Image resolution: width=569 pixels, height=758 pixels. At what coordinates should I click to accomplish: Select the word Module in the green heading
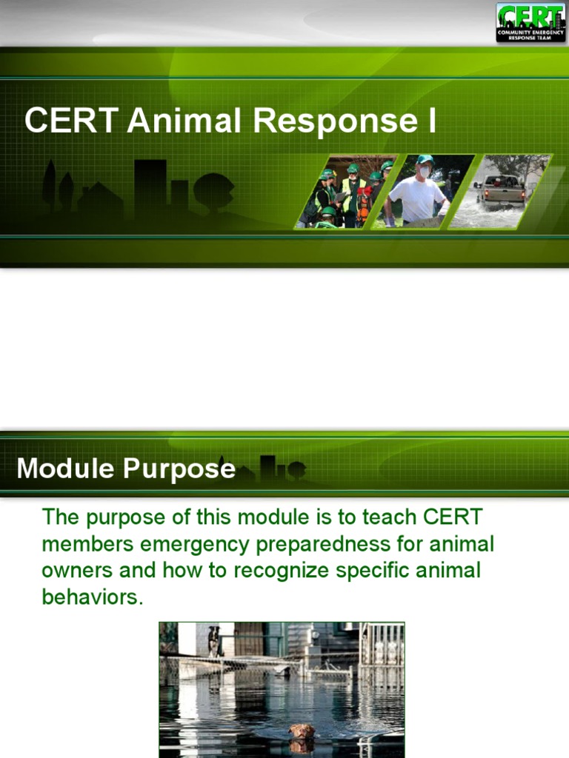[x=64, y=469]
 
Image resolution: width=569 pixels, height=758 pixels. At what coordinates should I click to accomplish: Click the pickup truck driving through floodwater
[x=501, y=190]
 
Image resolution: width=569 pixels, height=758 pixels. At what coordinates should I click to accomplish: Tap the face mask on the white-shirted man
[x=425, y=172]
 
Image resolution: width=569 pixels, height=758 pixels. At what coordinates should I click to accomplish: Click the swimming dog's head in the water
[x=302, y=731]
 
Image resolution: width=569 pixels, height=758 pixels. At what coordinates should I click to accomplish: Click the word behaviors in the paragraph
[x=91, y=597]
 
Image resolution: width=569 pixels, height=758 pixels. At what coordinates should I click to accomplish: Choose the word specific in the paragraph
[x=387, y=571]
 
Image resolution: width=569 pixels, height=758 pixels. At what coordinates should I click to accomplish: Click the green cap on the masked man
[x=425, y=159]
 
